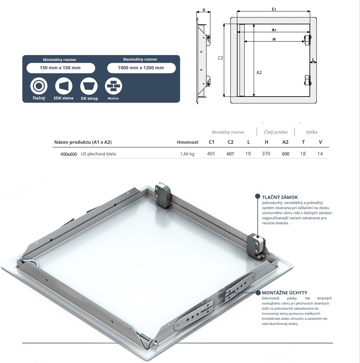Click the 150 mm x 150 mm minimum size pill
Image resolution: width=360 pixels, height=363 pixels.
[61, 68]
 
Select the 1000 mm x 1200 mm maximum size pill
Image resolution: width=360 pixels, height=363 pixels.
[141, 68]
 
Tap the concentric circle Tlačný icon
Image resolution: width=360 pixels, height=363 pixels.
[39, 86]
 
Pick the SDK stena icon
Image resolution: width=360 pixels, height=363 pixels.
[64, 86]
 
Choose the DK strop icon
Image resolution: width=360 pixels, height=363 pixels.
[89, 86]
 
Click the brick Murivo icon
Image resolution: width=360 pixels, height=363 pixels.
[113, 86]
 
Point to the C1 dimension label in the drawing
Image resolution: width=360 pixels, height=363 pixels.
[274, 9]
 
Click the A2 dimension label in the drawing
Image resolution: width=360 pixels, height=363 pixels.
[259, 73]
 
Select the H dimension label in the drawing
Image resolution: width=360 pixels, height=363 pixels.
[274, 39]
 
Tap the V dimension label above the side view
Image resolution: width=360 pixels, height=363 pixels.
[204, 10]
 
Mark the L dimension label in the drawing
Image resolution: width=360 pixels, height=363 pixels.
[313, 60]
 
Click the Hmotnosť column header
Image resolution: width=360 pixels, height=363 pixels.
[188, 142]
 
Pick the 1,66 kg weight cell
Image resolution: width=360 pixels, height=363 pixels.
[187, 154]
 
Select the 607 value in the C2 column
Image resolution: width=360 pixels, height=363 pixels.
[230, 154]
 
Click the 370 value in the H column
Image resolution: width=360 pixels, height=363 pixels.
[266, 154]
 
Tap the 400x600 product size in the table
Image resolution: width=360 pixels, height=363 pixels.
[69, 154]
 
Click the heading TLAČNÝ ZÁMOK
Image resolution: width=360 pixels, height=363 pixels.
[280, 197]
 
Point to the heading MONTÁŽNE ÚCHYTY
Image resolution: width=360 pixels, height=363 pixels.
[284, 293]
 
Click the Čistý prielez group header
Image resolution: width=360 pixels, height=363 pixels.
[276, 132]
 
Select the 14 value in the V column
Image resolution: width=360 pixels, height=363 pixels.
[320, 154]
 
